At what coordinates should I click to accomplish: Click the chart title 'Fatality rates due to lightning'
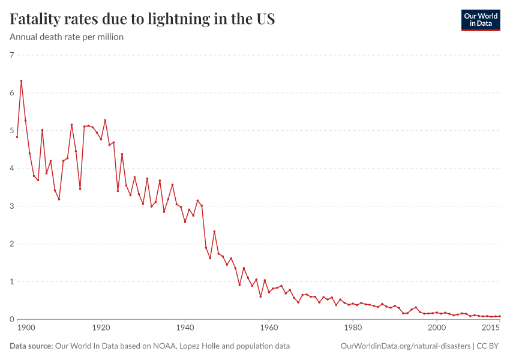(142, 19)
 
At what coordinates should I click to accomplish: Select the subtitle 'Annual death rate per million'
(67, 37)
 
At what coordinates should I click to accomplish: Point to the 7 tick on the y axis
(12, 55)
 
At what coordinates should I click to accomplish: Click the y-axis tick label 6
(12, 93)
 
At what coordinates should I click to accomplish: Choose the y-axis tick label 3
(12, 206)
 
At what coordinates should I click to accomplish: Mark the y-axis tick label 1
(12, 282)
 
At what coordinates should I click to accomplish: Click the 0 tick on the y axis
(12, 320)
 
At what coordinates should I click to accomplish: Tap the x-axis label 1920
(101, 329)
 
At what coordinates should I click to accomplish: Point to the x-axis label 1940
(185, 329)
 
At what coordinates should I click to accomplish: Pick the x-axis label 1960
(269, 329)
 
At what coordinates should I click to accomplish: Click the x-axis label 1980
(353, 329)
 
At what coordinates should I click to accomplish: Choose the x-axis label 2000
(437, 329)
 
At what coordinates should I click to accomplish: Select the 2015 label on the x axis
(491, 329)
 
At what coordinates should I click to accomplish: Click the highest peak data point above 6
(21, 81)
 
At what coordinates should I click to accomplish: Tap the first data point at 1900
(17, 137)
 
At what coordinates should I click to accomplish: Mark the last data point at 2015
(500, 316)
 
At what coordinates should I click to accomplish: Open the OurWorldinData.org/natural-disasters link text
(405, 346)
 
